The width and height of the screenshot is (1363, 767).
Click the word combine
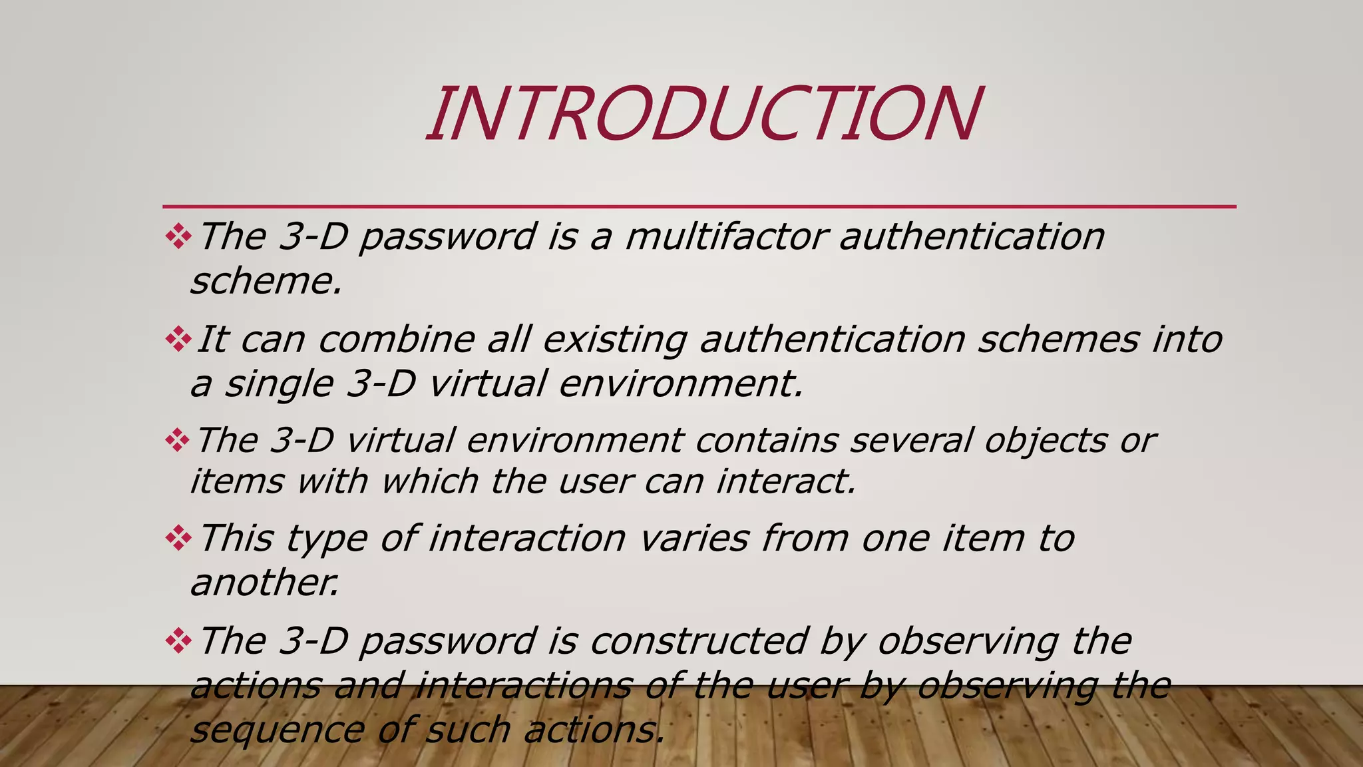pyautogui.click(x=397, y=340)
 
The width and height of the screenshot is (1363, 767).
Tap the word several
pyautogui.click(x=911, y=441)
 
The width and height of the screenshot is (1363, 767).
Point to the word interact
pyautogui.click(x=785, y=481)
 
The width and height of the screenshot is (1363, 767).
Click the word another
pyautogui.click(x=265, y=583)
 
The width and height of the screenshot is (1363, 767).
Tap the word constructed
pyautogui.click(x=699, y=641)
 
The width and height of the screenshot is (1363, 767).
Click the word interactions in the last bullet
pyautogui.click(x=523, y=686)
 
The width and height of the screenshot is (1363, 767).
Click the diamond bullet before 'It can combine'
pyautogui.click(x=178, y=340)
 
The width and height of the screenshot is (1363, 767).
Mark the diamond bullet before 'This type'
pyautogui.click(x=178, y=538)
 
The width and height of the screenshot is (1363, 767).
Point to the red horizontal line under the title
pyautogui.click(x=699, y=206)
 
